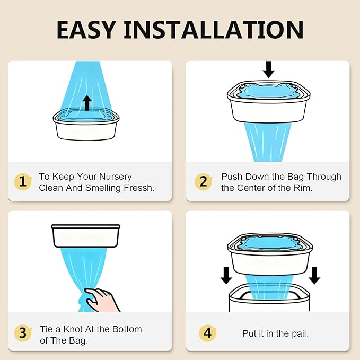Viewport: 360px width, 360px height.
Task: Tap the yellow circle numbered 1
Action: tap(22, 182)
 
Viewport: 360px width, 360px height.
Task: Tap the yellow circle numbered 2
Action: tap(203, 182)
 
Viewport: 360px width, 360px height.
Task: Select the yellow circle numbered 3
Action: tap(22, 333)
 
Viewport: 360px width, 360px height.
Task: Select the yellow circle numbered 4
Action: tap(207, 333)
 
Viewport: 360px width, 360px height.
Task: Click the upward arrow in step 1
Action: tap(87, 103)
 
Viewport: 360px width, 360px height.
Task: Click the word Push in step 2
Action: tap(231, 177)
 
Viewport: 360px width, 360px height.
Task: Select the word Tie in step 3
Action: tap(47, 329)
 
